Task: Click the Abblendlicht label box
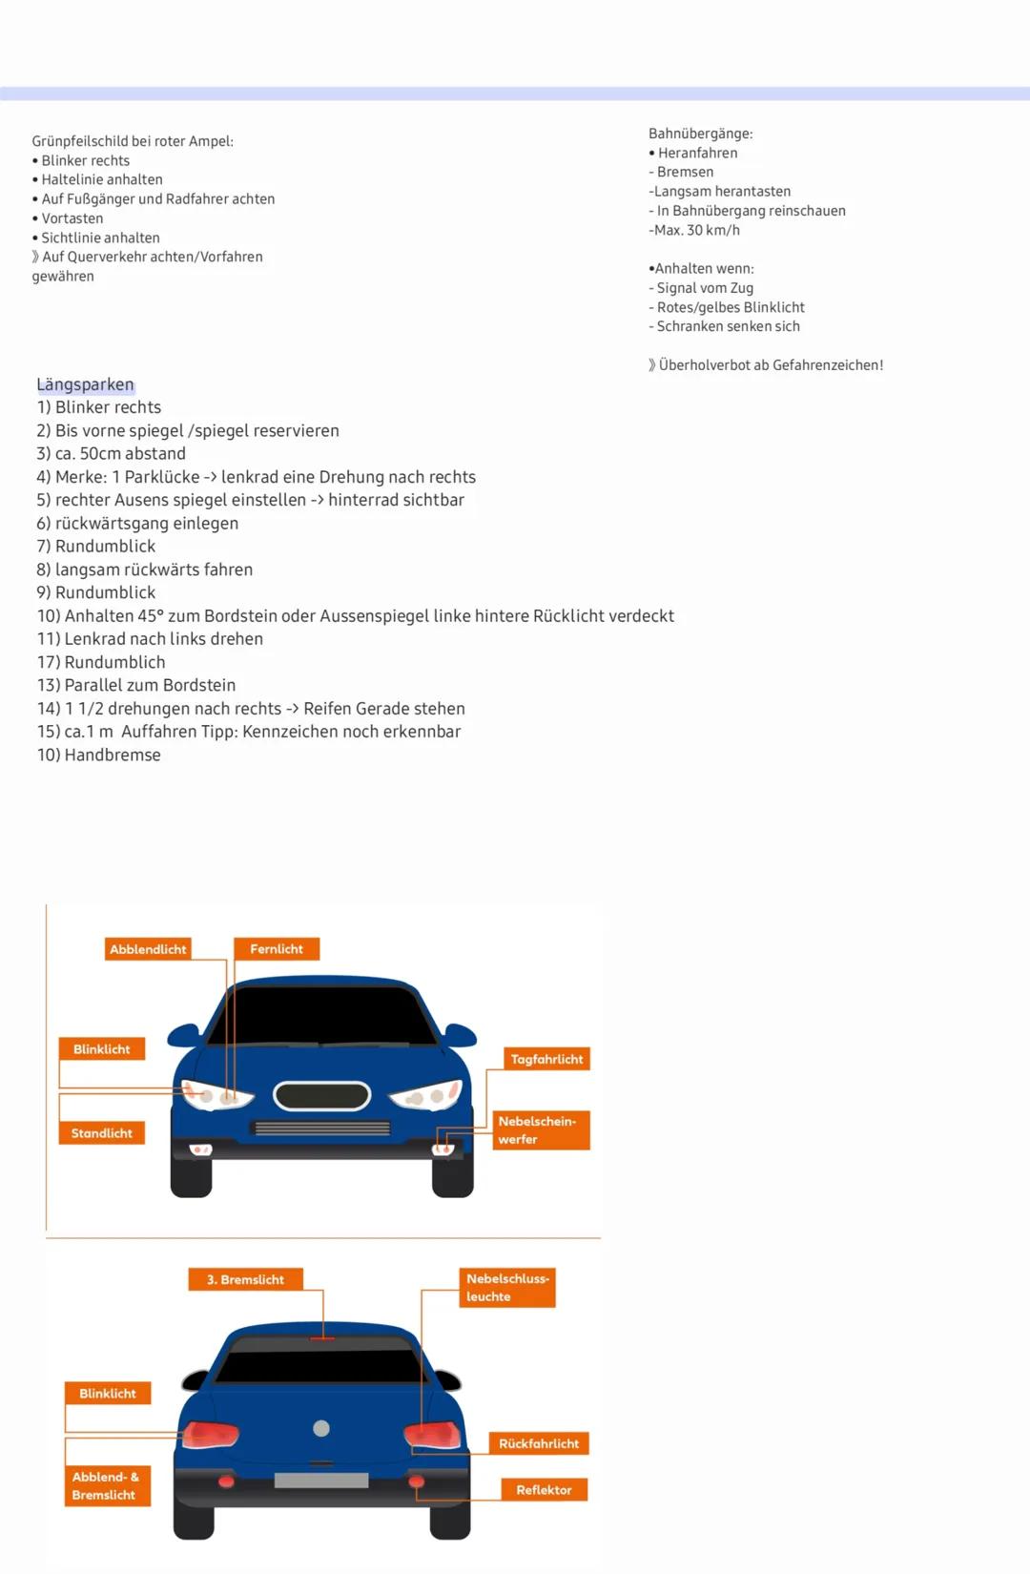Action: tap(148, 949)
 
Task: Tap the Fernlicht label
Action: tap(277, 949)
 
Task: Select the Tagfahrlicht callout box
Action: tap(546, 1059)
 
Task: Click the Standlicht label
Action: tap(102, 1133)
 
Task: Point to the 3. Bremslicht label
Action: tap(245, 1279)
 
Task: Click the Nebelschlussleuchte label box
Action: tap(507, 1288)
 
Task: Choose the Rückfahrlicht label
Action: tap(539, 1443)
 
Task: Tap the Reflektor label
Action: tap(544, 1490)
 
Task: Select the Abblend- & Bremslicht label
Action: tap(107, 1486)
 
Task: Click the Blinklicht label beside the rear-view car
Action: tap(108, 1394)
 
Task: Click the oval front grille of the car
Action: tap(321, 1096)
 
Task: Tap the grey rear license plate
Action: tap(321, 1481)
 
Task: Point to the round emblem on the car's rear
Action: tap(321, 1428)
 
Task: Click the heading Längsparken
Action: tap(85, 384)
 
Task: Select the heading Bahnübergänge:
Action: tap(700, 134)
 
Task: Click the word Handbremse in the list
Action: tap(113, 755)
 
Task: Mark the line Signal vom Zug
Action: tap(705, 288)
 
